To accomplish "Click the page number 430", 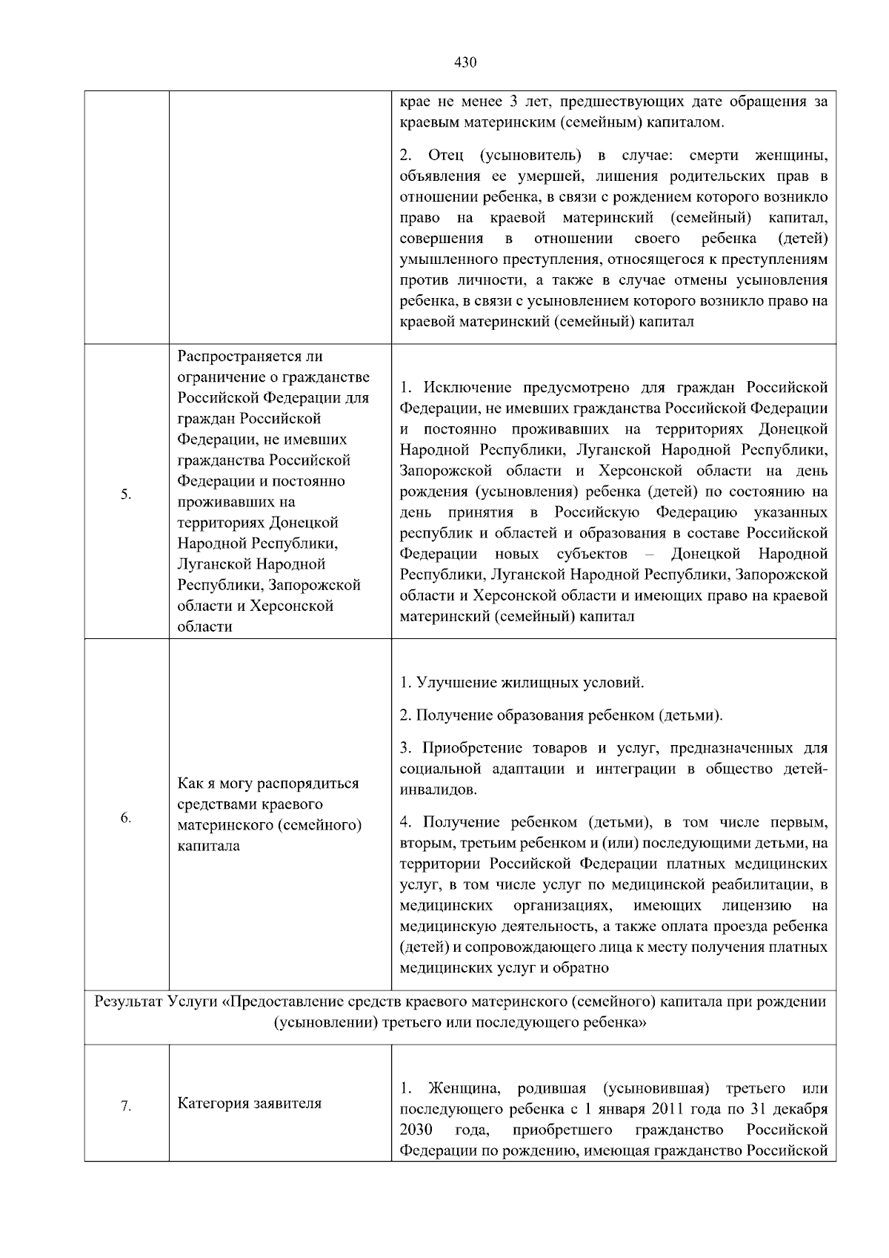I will click(465, 62).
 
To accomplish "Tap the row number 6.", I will click(126, 818).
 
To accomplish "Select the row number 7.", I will click(126, 1106).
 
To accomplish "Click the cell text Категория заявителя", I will click(250, 1103).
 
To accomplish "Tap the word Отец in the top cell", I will click(445, 156).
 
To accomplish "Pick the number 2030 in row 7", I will click(416, 1130).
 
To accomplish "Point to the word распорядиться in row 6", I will click(312, 784).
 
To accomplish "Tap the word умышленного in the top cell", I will click(443, 260).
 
